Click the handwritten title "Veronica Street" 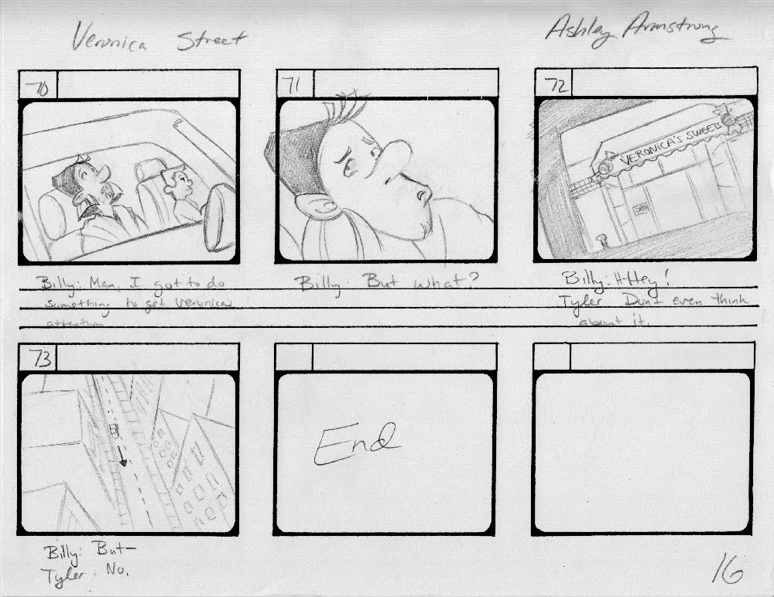tap(158, 39)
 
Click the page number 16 tap(727, 569)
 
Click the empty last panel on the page tap(642, 452)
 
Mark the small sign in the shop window tap(640, 208)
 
